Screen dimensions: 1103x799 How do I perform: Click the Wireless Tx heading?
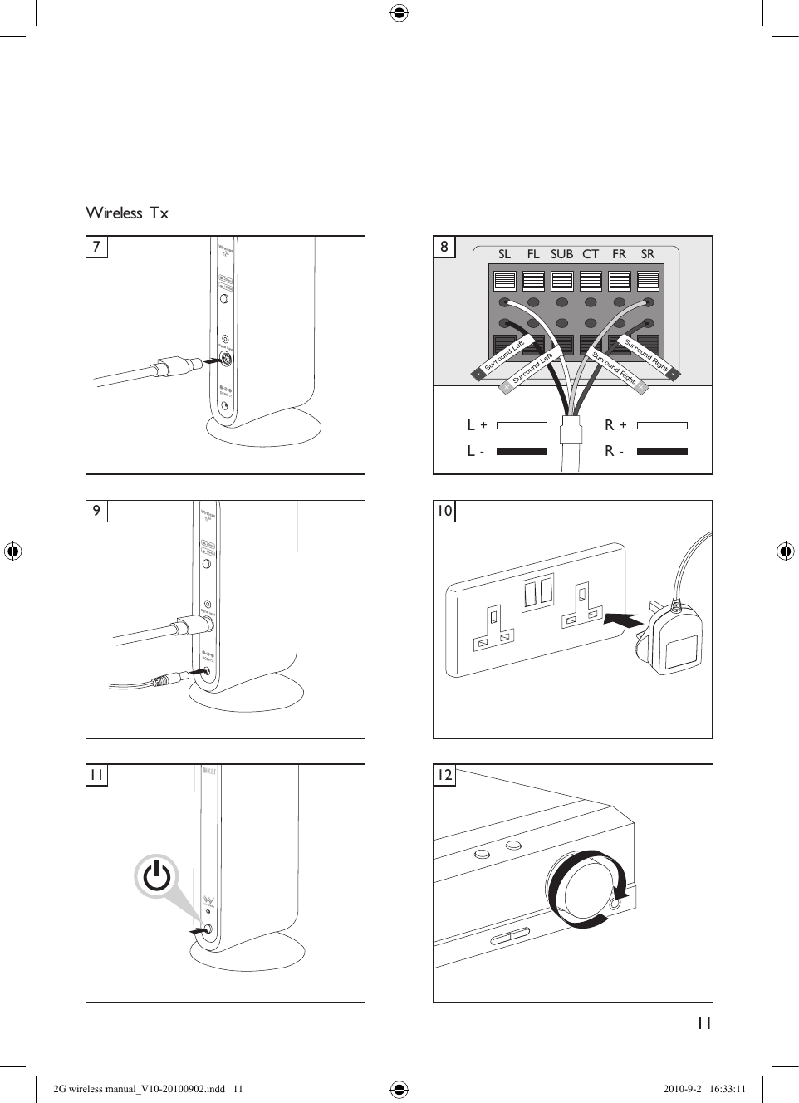coord(127,213)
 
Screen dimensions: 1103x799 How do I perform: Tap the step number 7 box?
coord(97,247)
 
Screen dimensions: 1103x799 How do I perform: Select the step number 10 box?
coord(444,511)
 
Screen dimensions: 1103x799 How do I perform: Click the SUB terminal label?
coord(561,254)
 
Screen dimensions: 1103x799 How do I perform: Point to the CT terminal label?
coord(591,254)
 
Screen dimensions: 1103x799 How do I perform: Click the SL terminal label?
coord(504,254)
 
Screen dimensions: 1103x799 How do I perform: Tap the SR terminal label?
coord(647,254)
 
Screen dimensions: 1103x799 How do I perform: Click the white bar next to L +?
coord(522,425)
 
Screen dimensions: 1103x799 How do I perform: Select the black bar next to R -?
coord(662,452)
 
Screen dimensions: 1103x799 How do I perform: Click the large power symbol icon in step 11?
coord(157,876)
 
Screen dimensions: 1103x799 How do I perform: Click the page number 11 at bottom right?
coord(703,1023)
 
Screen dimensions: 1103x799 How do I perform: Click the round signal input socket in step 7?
coord(224,360)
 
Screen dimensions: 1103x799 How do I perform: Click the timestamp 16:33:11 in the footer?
coord(728,1089)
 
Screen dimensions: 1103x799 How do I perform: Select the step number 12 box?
coord(444,775)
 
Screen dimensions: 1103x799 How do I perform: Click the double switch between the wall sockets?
coord(537,592)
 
